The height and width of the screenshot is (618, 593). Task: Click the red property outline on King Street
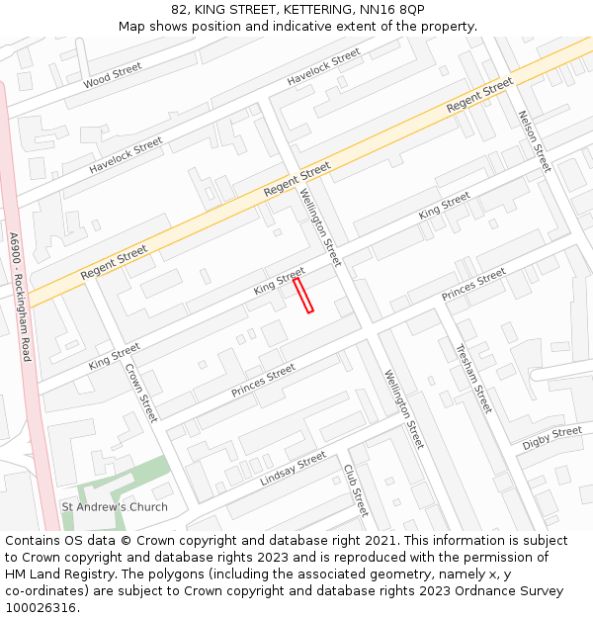click(303, 296)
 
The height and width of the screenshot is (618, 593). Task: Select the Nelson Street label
click(534, 140)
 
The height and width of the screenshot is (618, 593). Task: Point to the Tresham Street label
click(473, 378)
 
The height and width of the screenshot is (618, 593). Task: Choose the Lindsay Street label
click(293, 469)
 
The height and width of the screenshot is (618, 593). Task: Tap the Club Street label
click(356, 489)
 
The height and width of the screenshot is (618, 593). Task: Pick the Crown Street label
click(141, 393)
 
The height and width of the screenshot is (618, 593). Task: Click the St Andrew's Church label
click(115, 507)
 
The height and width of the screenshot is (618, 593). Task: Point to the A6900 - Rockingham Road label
click(20, 297)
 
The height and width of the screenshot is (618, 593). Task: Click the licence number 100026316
click(42, 608)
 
